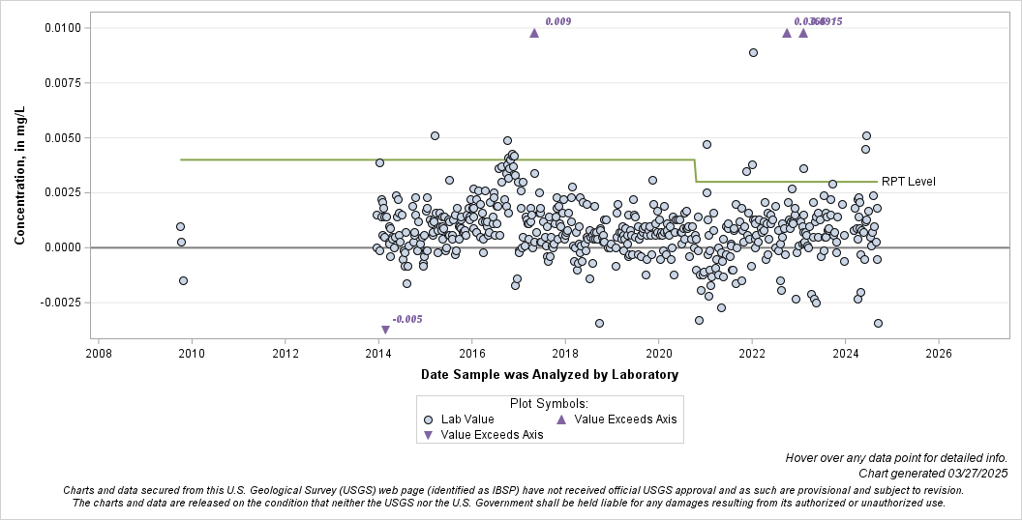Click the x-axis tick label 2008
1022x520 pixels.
tap(98, 354)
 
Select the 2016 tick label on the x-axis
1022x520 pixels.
tap(471, 354)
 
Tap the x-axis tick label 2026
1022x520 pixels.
tap(938, 354)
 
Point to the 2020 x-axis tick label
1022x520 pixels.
tap(658, 354)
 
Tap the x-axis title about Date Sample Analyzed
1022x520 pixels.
tap(549, 374)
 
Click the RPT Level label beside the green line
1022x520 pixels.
tap(908, 182)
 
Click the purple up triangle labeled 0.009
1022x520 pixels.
tap(534, 33)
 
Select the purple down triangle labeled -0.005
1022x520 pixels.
tap(385, 330)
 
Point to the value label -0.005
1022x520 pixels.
tap(407, 319)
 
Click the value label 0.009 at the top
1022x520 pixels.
tap(557, 21)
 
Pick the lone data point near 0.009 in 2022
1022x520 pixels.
tap(753, 52)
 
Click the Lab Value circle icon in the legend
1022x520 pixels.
tap(428, 419)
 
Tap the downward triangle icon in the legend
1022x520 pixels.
tap(428, 435)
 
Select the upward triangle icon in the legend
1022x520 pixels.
tap(561, 419)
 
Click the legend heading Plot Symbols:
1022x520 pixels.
tap(548, 403)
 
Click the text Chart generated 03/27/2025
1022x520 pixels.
tap(932, 473)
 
